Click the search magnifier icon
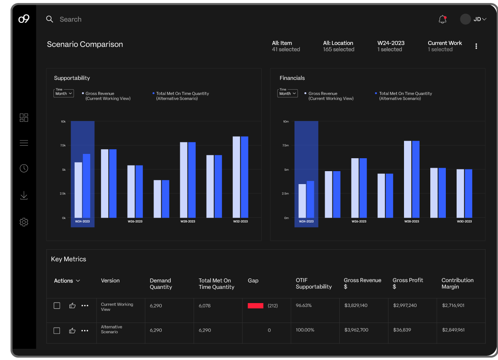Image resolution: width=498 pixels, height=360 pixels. (x=50, y=19)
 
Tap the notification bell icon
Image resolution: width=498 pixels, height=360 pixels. (x=442, y=19)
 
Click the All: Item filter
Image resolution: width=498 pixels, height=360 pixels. (x=285, y=46)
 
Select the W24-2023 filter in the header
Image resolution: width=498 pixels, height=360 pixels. (x=391, y=46)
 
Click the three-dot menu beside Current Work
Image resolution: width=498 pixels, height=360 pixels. (x=476, y=46)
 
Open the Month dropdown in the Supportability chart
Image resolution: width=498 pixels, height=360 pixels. (x=63, y=93)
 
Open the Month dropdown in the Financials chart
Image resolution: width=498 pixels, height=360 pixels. (x=287, y=93)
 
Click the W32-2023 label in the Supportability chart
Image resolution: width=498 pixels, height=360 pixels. (x=240, y=221)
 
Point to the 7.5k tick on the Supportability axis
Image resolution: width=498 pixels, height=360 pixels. (x=63, y=146)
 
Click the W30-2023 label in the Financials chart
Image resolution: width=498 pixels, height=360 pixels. (x=464, y=221)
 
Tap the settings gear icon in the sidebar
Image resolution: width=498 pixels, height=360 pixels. (x=24, y=222)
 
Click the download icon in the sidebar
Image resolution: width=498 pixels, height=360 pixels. (x=24, y=196)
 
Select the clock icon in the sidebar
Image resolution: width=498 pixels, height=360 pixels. (x=24, y=168)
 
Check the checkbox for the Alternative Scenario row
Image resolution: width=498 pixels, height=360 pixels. (x=56, y=331)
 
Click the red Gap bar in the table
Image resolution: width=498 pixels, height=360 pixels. (x=255, y=306)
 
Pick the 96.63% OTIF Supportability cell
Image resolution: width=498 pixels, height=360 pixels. (x=304, y=306)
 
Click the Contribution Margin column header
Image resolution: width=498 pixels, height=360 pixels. (x=457, y=283)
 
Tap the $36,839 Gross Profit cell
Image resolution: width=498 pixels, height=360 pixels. (x=402, y=330)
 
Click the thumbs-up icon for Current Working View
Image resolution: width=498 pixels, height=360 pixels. (x=72, y=306)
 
